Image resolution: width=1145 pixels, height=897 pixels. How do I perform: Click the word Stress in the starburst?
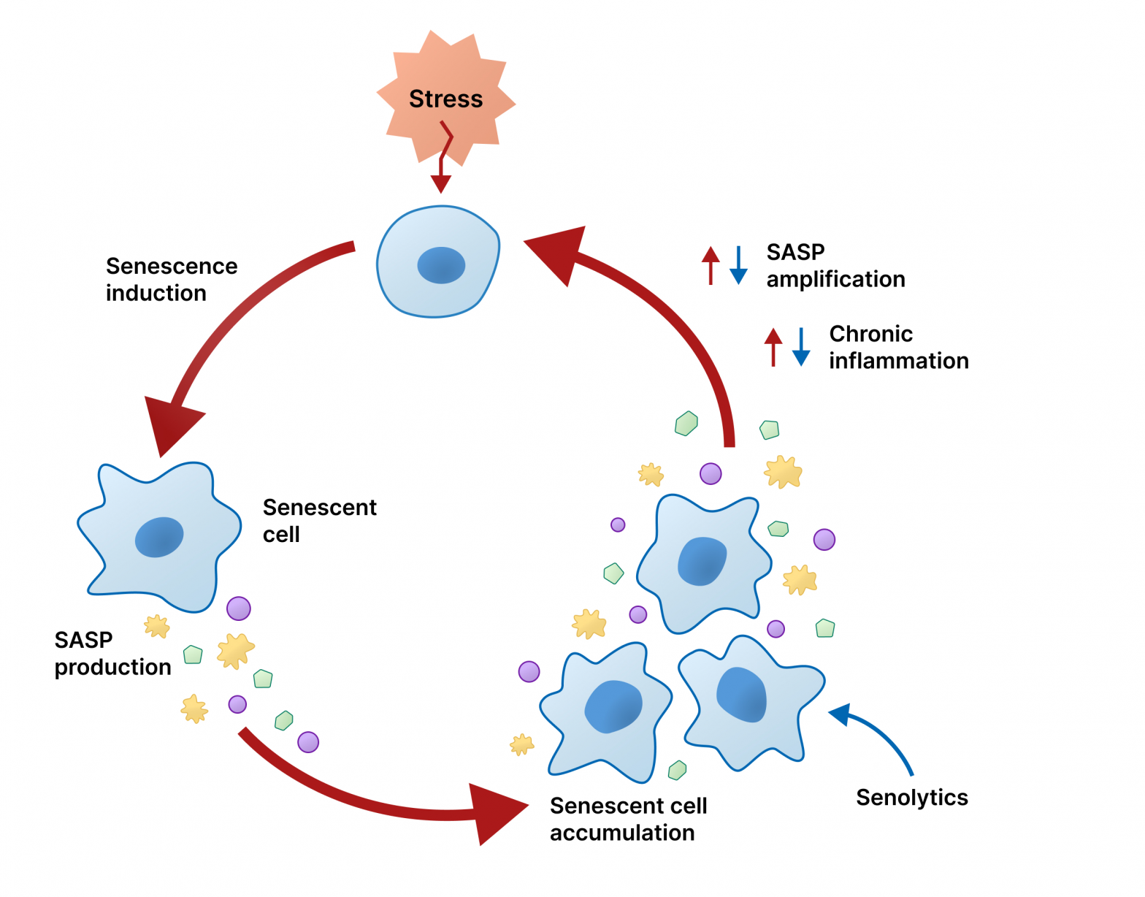point(445,99)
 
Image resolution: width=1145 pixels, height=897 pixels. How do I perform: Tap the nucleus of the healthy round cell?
point(441,265)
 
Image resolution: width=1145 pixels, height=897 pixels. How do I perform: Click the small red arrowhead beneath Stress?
point(440,183)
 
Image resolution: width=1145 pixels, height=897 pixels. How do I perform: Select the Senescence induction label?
point(171,279)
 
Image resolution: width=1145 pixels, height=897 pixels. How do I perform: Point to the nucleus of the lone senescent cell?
point(159,537)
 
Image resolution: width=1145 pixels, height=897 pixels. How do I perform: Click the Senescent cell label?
point(319,520)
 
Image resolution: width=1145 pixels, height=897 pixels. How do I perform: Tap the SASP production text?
point(112,653)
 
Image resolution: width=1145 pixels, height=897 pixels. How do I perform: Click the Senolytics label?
point(911,797)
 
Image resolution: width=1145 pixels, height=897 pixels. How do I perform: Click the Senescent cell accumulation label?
point(628,819)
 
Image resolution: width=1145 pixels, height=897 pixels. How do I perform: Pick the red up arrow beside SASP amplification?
point(711,264)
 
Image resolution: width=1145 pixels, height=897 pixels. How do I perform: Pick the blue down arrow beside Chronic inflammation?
point(801,348)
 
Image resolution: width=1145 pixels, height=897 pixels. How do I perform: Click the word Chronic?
point(870,334)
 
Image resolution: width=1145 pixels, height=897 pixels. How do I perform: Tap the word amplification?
point(835,279)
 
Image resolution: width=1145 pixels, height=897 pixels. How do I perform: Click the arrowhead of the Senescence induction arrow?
point(171,424)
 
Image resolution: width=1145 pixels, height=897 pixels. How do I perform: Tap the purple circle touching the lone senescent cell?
point(239,608)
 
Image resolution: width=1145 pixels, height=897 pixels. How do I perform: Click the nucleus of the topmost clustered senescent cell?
point(702,561)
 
